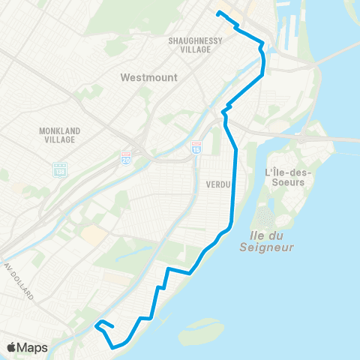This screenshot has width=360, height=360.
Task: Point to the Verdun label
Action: (x=215, y=184)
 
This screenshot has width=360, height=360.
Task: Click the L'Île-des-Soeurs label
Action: (x=289, y=178)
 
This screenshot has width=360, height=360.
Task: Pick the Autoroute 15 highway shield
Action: (x=196, y=145)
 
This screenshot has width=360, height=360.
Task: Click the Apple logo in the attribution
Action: (x=12, y=348)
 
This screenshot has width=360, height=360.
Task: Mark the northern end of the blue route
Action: (x=217, y=13)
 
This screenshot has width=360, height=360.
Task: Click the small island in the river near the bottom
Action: (x=196, y=327)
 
